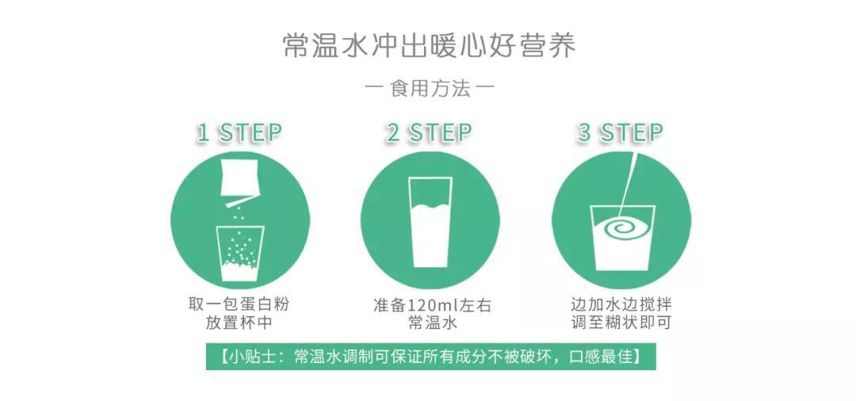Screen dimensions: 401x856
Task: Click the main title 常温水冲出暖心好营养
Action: click(429, 45)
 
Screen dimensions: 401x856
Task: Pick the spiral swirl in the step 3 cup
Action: click(621, 229)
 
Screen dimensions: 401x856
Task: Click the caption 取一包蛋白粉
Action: click(239, 305)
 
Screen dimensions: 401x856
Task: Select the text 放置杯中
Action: click(239, 324)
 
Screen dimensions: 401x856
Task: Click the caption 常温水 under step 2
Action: click(430, 324)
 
